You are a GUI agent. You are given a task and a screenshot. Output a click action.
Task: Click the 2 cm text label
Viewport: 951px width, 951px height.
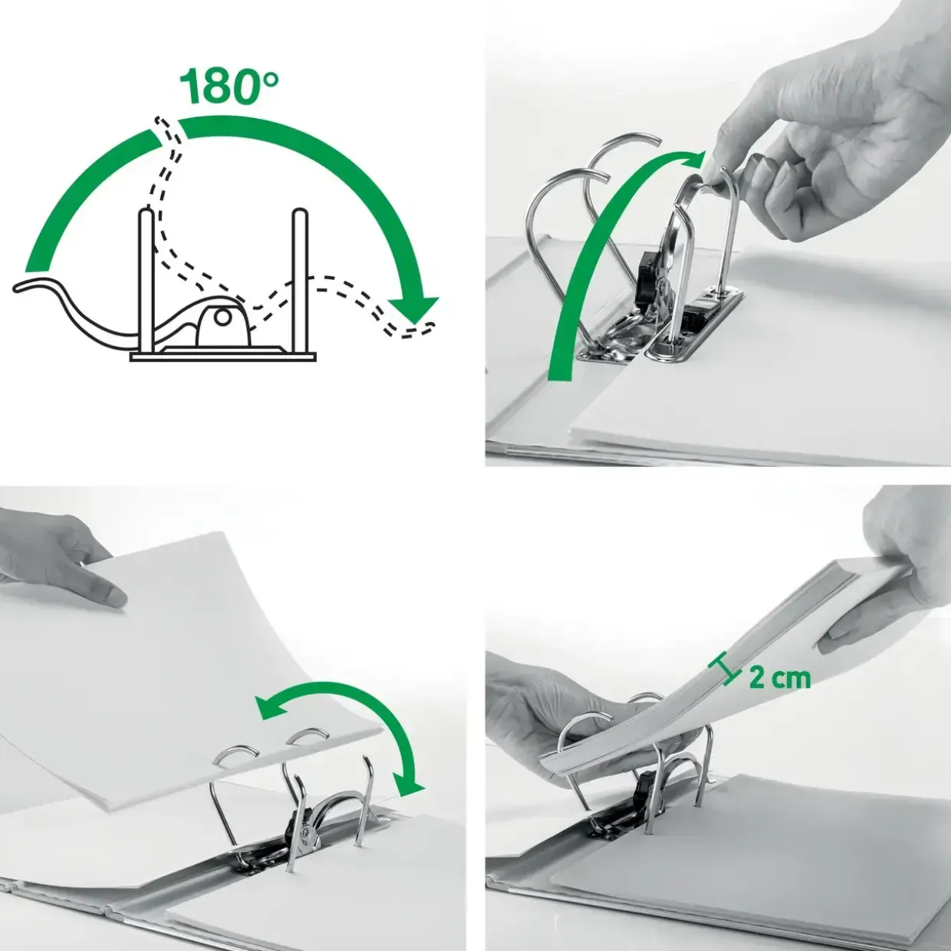780,679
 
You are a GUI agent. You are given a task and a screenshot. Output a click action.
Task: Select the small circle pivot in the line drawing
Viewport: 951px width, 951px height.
223,318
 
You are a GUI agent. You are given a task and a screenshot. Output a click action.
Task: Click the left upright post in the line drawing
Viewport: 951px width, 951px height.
146,281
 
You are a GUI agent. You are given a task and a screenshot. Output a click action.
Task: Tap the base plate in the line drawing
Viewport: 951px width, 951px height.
222,357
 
